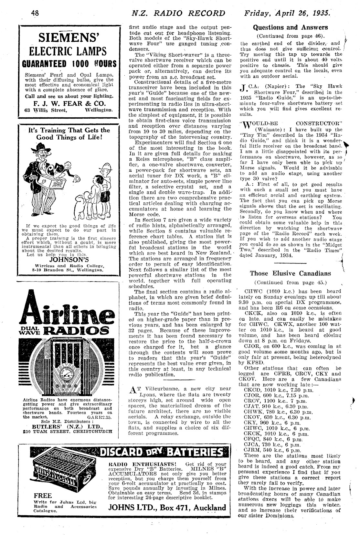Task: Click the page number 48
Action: (35, 13)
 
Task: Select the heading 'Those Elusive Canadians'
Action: (291, 273)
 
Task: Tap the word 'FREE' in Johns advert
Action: (43, 496)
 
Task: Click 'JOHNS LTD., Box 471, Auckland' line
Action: (167, 507)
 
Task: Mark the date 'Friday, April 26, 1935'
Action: (287, 13)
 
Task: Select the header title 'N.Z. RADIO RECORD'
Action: (179, 13)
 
